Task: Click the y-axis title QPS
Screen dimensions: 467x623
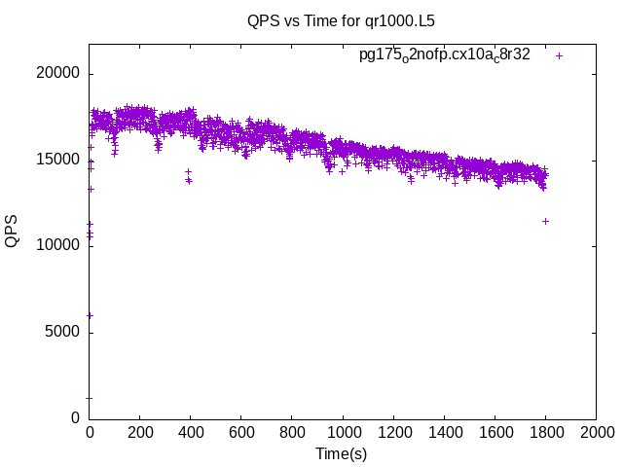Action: click(13, 230)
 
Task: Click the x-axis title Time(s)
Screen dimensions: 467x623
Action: click(341, 453)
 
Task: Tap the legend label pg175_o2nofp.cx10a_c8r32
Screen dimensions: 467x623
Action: click(444, 55)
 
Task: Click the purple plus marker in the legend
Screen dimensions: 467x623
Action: click(560, 55)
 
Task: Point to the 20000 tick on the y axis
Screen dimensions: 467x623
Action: click(59, 74)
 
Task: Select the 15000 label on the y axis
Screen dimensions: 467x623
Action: click(59, 160)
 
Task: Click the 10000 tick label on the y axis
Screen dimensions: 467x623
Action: click(59, 246)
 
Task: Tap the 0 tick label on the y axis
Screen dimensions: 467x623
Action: click(76, 417)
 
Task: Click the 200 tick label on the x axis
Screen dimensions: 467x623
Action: click(140, 433)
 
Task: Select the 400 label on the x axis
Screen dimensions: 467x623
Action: click(191, 433)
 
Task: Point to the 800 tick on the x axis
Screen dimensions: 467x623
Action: click(292, 433)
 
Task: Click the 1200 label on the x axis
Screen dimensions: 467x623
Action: click(393, 433)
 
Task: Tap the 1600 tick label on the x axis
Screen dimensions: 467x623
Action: click(495, 433)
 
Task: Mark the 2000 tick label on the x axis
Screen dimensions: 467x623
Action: click(596, 433)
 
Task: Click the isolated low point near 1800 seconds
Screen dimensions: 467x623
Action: click(545, 221)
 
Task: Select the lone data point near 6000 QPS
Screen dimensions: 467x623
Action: click(90, 315)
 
